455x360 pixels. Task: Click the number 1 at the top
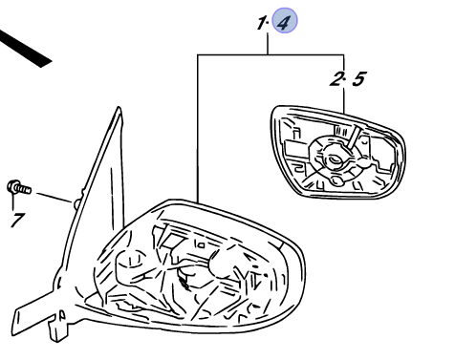[x=262, y=23]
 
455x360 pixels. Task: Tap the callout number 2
[x=336, y=78]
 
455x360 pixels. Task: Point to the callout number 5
[x=358, y=79]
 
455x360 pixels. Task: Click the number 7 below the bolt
[x=17, y=220]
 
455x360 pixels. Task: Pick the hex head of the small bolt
[x=13, y=186]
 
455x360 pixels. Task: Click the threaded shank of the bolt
[x=25, y=189]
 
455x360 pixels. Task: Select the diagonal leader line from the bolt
[x=54, y=198]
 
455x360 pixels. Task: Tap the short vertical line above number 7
[x=13, y=201]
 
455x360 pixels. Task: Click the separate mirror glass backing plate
[x=337, y=152]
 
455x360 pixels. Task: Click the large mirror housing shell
[x=198, y=267]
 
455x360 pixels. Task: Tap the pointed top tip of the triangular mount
[x=119, y=108]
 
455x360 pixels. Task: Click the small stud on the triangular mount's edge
[x=77, y=203]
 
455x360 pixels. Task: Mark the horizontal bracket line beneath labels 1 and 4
[x=271, y=54]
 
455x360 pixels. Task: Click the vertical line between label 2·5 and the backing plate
[x=344, y=100]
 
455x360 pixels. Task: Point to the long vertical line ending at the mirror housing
[x=198, y=129]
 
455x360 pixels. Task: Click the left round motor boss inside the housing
[x=131, y=265]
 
